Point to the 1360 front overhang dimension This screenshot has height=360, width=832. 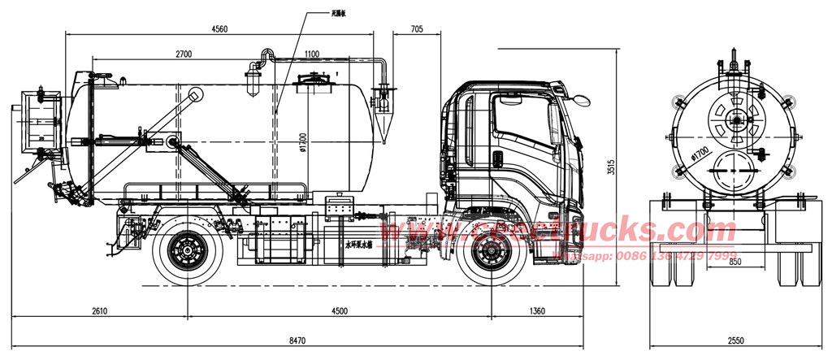536,310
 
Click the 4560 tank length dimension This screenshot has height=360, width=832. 219,28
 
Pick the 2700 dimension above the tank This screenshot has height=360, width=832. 184,54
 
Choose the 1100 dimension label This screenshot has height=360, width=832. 312,54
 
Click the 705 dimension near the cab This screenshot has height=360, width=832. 416,28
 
